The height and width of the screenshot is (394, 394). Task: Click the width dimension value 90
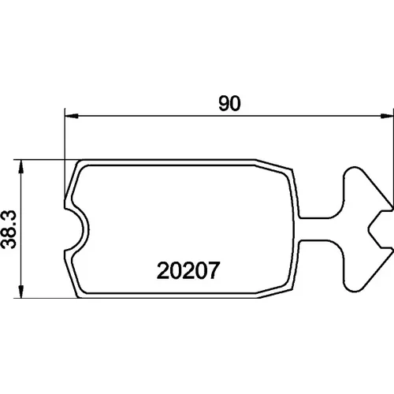(x=229, y=103)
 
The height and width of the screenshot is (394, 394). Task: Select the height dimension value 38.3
(x=9, y=229)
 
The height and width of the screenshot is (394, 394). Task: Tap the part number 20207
(x=188, y=270)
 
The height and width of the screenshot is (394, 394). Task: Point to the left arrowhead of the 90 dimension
(x=72, y=116)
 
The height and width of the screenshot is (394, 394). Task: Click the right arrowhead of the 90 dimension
(x=387, y=116)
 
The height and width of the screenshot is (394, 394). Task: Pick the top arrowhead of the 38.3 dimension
(x=21, y=166)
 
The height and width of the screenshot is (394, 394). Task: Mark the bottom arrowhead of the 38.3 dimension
(x=21, y=291)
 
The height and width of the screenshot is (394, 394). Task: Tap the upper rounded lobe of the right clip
(x=353, y=179)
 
